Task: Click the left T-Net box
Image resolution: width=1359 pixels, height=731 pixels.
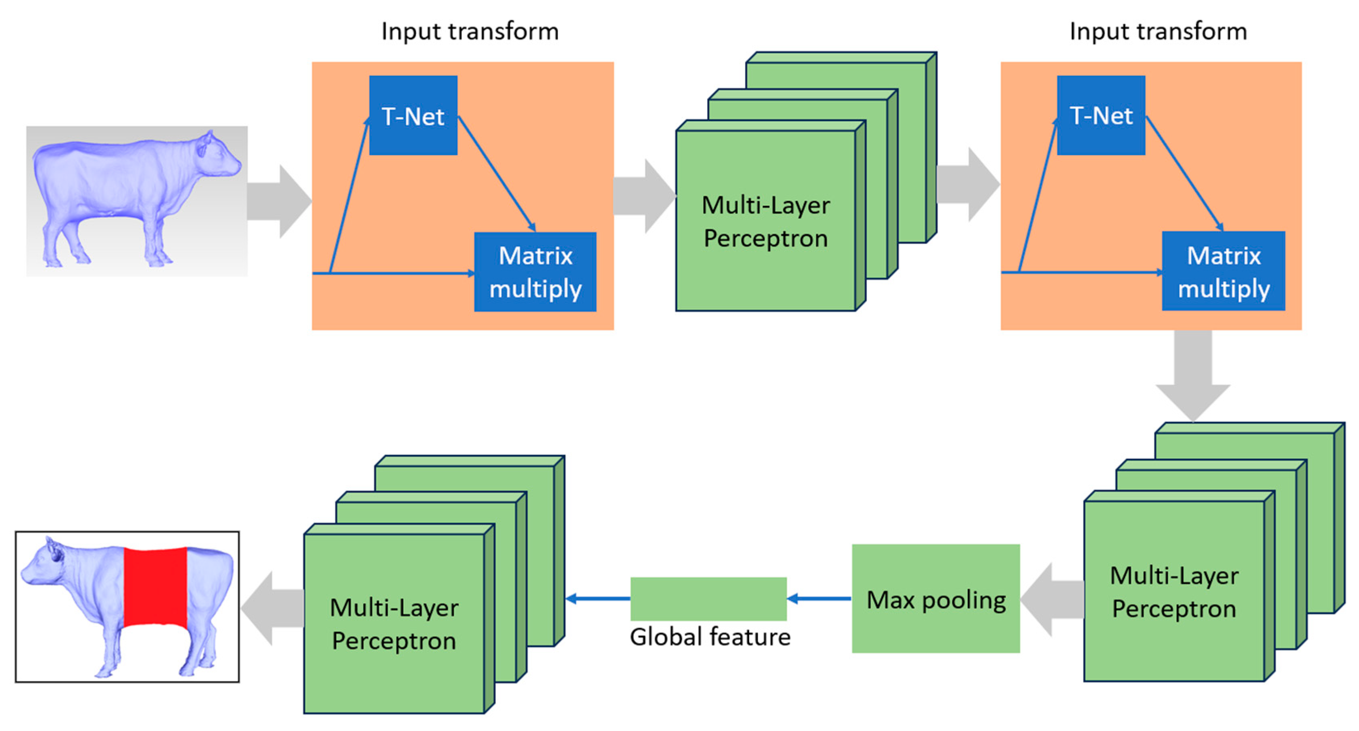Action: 413,115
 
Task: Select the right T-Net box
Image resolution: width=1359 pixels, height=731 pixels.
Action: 1101,115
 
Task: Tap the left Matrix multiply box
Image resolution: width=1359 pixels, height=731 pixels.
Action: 535,272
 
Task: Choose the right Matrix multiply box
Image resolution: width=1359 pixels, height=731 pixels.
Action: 1223,271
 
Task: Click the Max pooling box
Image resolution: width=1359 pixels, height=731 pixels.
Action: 935,599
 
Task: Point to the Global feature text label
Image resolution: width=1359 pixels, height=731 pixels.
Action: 710,637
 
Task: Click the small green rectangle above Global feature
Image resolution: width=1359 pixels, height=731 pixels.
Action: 708,599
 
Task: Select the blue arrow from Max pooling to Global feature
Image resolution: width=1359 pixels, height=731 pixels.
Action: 819,599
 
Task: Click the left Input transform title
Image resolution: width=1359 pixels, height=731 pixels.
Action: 470,31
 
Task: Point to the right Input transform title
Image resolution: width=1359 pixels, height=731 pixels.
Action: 1158,31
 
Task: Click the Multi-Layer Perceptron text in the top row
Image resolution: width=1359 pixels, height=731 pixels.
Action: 766,222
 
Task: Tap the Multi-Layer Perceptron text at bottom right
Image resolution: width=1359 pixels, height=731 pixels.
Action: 1174,592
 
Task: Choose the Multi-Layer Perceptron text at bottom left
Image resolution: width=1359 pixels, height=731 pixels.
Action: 394,624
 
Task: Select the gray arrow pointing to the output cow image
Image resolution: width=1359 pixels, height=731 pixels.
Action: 272,608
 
